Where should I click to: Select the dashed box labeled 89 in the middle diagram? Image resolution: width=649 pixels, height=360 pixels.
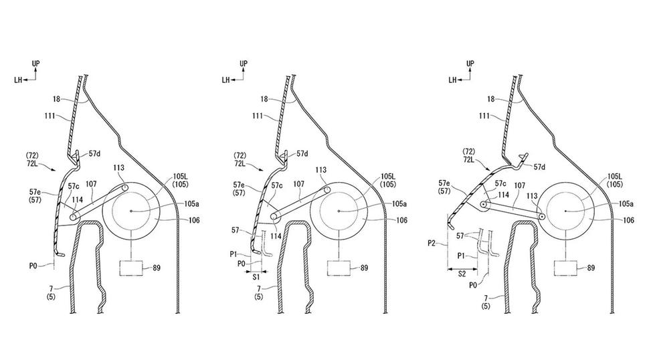pos(340,268)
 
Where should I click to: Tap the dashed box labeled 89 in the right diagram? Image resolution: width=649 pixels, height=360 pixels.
pos(566,268)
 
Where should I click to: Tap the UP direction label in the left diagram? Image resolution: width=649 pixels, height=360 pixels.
pos(37,64)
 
